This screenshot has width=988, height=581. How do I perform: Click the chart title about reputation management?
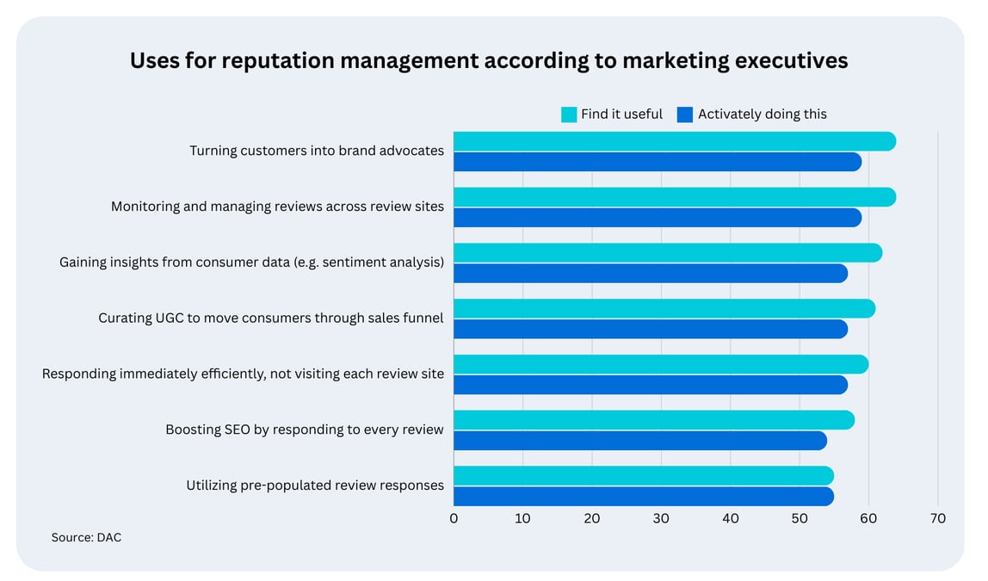(488, 60)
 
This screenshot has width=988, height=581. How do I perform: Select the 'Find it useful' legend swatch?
(569, 114)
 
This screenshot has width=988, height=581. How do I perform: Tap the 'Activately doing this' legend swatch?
(685, 114)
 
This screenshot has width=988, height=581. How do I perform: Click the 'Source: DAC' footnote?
(86, 537)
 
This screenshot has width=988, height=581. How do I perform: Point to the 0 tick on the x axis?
(454, 518)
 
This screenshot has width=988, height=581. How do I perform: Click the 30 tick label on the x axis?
(661, 518)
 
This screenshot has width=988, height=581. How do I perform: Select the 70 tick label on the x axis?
(937, 518)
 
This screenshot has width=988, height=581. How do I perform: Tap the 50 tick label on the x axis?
(800, 518)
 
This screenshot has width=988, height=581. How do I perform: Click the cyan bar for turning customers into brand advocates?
(674, 141)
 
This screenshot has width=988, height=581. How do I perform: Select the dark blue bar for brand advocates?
(657, 162)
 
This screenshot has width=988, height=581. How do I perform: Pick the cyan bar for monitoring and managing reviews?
(674, 197)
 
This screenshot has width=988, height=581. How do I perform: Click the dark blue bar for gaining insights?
(650, 274)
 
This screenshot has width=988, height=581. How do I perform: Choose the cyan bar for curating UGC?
(664, 308)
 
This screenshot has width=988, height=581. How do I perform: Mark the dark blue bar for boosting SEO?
(639, 441)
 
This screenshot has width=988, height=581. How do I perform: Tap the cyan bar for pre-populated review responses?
(643, 476)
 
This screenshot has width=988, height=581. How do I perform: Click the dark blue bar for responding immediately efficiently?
(650, 385)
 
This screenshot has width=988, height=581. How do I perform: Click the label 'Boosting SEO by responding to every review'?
(305, 430)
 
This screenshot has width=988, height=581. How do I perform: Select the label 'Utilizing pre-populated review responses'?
(315, 485)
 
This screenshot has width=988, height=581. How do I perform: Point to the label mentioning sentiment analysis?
(251, 263)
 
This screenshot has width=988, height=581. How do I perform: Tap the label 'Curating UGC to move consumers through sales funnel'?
(271, 318)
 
